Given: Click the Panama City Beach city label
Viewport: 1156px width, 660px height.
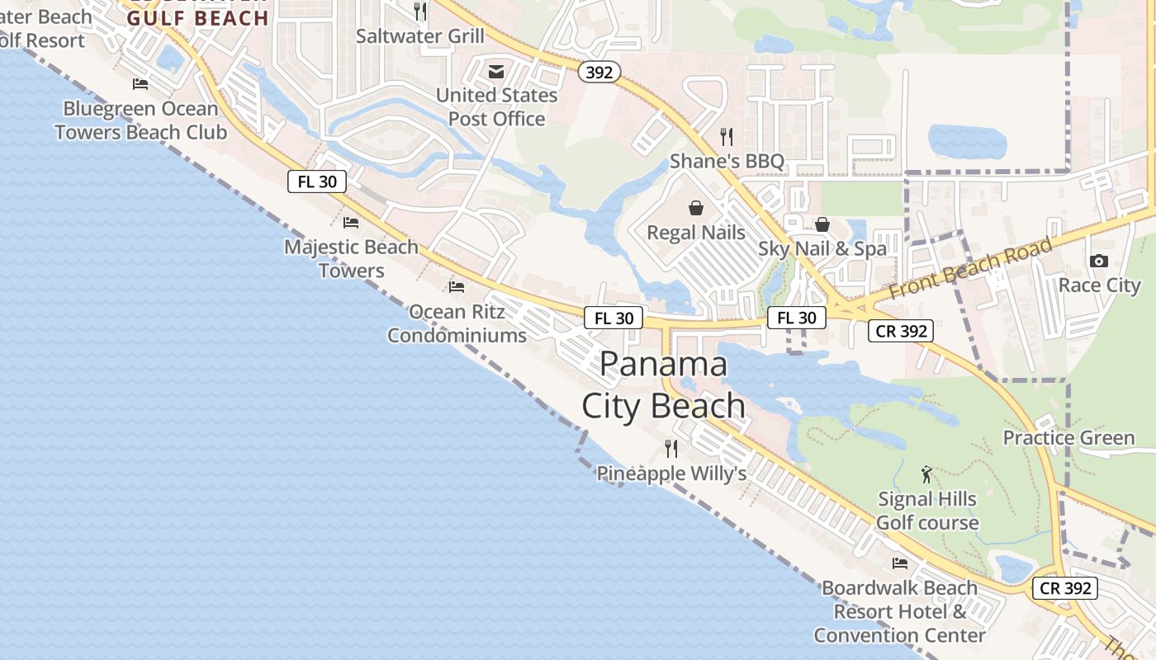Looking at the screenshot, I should click(x=664, y=385).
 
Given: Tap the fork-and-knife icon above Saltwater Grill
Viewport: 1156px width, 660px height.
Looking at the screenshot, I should click(x=420, y=12).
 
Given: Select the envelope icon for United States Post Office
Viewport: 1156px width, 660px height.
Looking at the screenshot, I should click(x=496, y=72).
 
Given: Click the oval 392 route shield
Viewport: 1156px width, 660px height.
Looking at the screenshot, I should click(x=599, y=73).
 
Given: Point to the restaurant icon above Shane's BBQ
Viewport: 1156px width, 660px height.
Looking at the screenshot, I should click(x=727, y=136).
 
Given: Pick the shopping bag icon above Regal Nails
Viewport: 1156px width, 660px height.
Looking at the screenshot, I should click(x=696, y=208).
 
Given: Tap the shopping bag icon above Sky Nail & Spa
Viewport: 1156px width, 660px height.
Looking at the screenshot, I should click(x=822, y=224).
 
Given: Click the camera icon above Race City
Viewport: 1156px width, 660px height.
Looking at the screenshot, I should click(x=1099, y=262).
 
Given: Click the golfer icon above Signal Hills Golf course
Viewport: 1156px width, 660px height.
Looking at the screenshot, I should click(x=926, y=475).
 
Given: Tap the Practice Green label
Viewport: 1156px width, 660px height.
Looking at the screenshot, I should click(x=1068, y=438).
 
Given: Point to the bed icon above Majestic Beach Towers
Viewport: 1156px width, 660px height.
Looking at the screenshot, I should click(x=351, y=223).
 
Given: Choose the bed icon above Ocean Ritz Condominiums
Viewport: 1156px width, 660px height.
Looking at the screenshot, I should click(x=457, y=287).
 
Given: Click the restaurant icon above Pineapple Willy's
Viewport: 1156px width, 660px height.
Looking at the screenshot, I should click(x=671, y=449).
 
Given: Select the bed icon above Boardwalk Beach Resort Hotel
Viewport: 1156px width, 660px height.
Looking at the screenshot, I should click(x=900, y=563).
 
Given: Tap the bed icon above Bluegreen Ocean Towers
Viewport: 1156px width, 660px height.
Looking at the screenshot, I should click(x=140, y=84).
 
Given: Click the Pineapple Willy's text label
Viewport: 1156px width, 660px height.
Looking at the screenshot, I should click(x=671, y=474).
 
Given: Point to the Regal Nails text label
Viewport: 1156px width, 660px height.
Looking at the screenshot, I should click(x=696, y=233).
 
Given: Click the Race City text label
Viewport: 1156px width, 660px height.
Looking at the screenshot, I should click(x=1099, y=285).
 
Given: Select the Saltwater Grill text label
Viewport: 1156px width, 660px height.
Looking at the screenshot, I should click(x=420, y=36).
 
